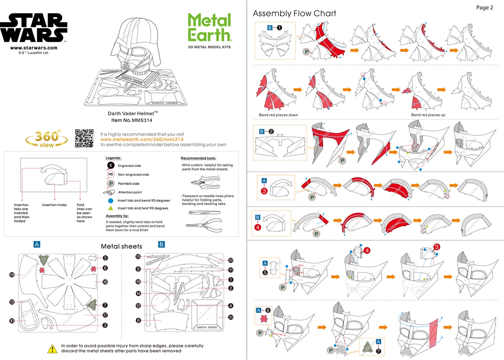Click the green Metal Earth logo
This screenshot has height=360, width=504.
[209, 27]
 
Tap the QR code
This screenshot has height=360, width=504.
[84, 138]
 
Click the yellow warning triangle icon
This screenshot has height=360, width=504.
[52, 348]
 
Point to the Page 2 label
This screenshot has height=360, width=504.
[484, 7]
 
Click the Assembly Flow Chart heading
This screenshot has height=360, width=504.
[294, 13]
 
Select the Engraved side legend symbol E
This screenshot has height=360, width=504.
[111, 166]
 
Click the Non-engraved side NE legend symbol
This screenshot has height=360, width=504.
[111, 174]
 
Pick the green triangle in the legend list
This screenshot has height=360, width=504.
[111, 208]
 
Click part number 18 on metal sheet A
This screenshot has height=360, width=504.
[12, 275]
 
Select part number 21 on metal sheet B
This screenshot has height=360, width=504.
[231, 317]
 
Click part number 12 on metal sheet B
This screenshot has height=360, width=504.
[138, 305]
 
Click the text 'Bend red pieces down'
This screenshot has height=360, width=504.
[278, 115]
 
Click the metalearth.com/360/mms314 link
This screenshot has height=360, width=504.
[142, 139]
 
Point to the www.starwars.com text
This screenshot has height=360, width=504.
[33, 48]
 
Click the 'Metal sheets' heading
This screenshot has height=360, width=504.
[121, 246]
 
